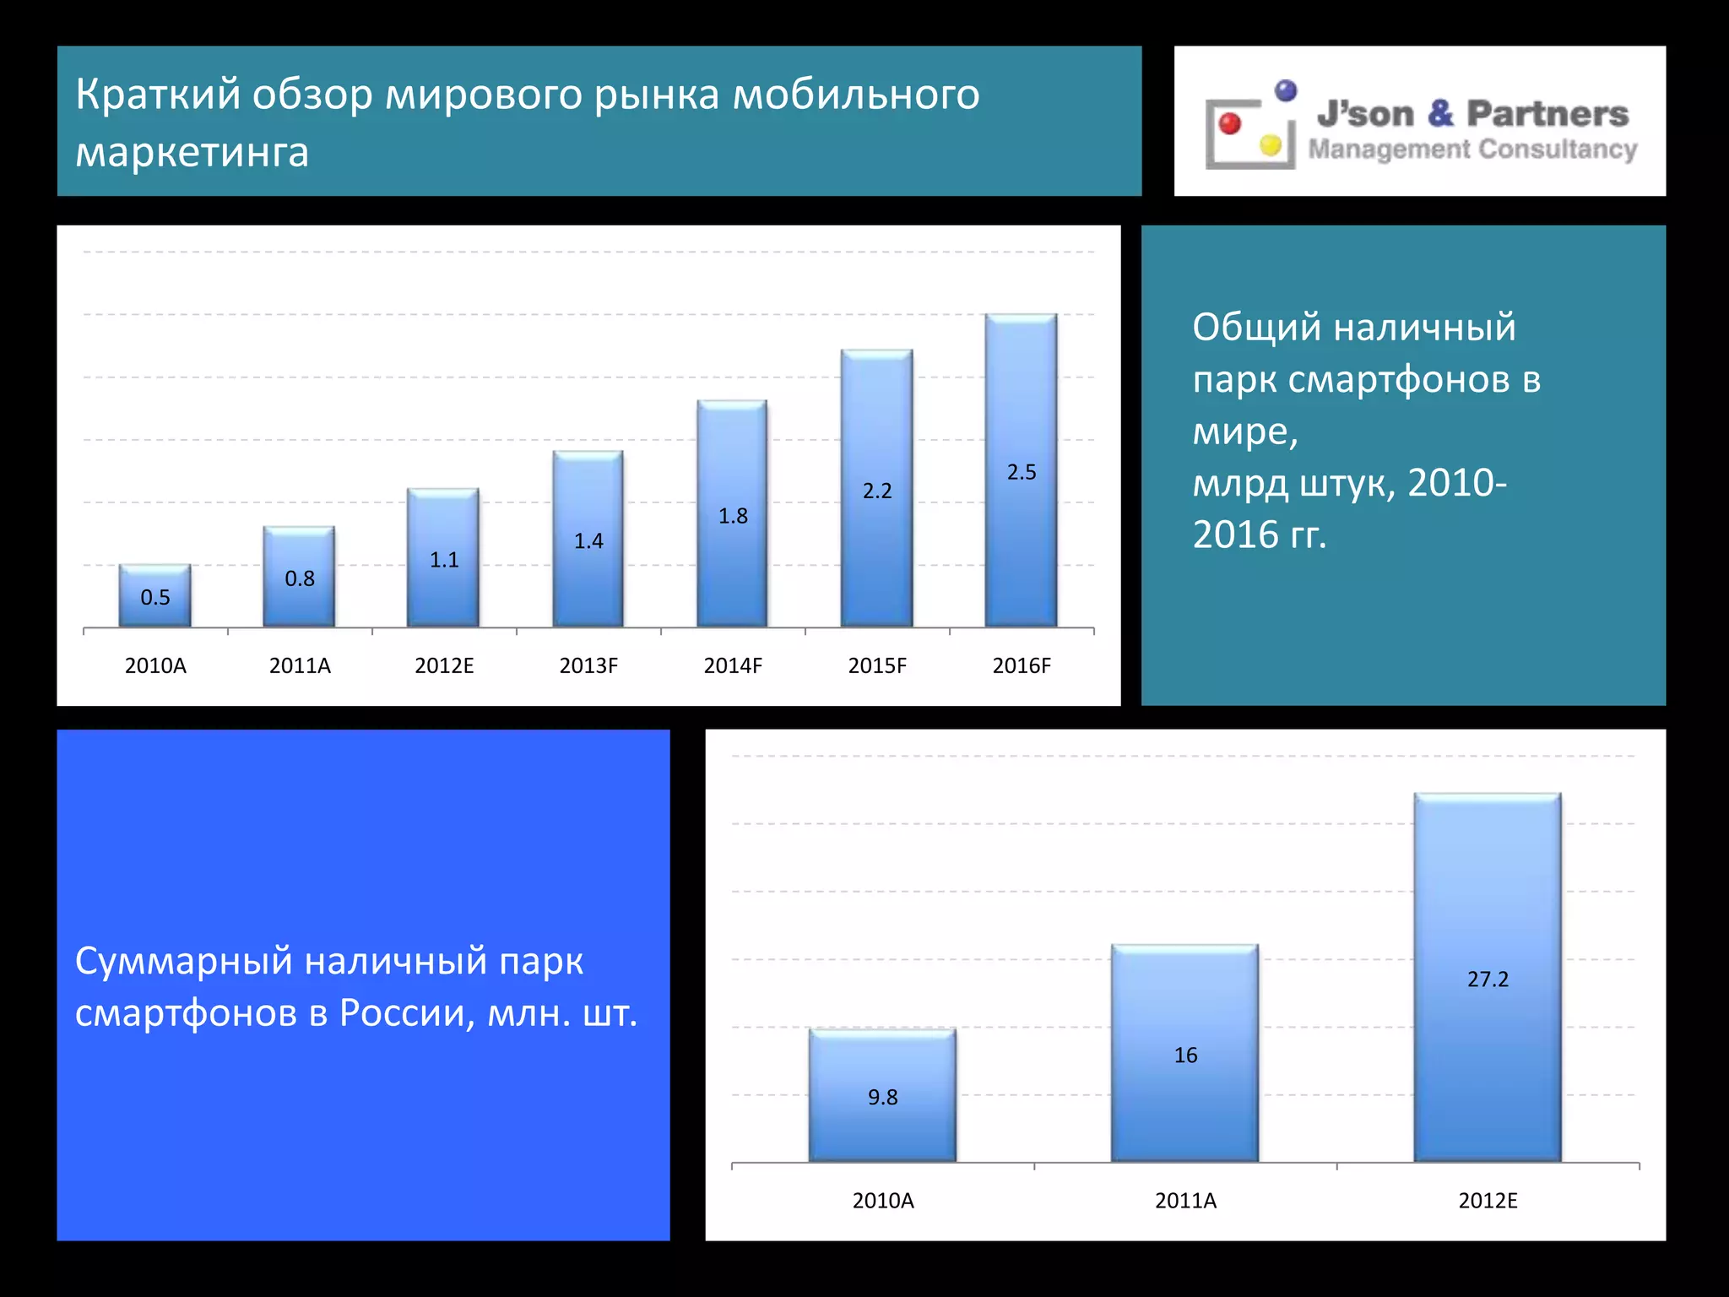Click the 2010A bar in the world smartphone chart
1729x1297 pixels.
tap(154, 595)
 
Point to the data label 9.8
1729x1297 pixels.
tap(882, 1097)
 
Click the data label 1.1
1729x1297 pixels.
tap(444, 560)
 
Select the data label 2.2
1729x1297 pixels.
tap(877, 491)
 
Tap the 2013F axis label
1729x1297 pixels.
tap(588, 666)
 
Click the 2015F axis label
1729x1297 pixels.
tap(877, 666)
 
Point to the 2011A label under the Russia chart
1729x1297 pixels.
tap(1185, 1201)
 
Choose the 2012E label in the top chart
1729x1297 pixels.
tap(444, 666)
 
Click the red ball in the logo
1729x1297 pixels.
tap(1230, 123)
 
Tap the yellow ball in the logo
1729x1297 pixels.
tap(1270, 145)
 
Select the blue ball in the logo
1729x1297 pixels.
tap(1286, 90)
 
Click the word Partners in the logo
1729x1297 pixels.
tap(1547, 114)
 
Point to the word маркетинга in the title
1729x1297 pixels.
tap(192, 153)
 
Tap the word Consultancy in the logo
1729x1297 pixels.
tap(1558, 149)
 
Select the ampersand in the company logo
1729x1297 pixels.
tap(1440, 114)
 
